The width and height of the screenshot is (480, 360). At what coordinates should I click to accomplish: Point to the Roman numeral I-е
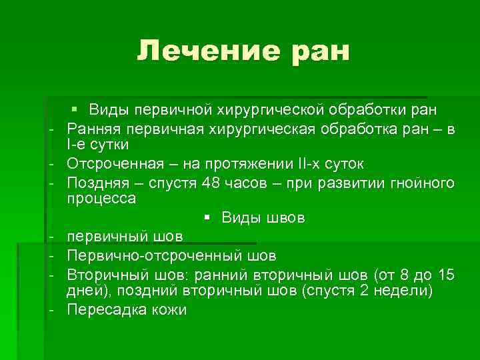[x=75, y=144]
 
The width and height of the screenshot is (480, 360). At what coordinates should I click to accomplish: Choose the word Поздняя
[x=95, y=182]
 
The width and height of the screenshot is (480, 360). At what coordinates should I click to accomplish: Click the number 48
[x=214, y=182]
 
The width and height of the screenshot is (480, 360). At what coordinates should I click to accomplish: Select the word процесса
[x=101, y=199]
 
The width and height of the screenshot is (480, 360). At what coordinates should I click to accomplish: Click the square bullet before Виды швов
[x=207, y=217]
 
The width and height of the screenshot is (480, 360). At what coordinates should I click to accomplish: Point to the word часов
[x=250, y=182]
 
